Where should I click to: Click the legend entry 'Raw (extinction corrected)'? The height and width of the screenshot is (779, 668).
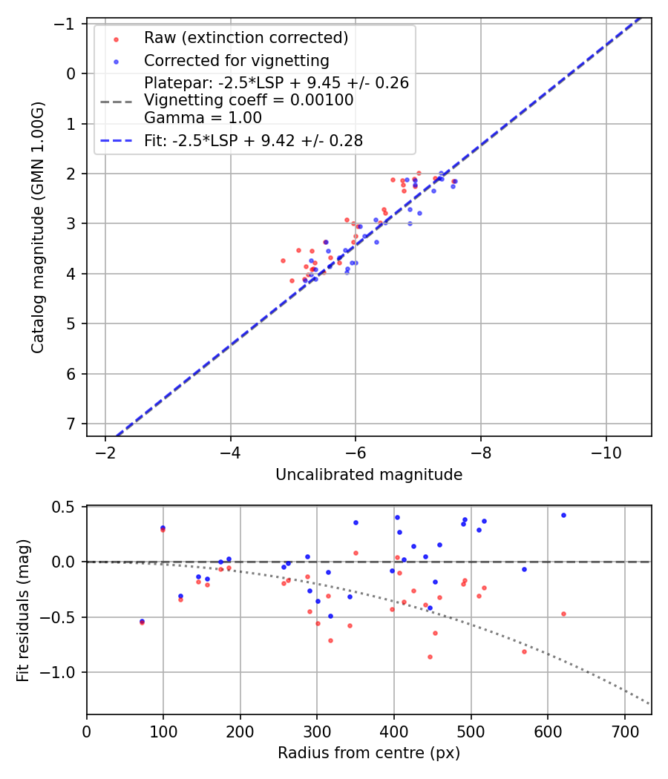tap(246, 38)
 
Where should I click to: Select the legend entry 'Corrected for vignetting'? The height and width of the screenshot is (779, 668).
tap(236, 60)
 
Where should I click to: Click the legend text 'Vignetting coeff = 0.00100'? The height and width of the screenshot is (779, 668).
tap(249, 100)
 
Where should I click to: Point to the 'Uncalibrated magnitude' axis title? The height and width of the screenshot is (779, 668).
tap(369, 475)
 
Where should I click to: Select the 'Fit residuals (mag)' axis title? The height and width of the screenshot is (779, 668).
tap(23, 611)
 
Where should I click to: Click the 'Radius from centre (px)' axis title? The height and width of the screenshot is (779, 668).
tap(369, 753)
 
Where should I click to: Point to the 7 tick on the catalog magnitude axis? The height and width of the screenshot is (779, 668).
tap(72, 424)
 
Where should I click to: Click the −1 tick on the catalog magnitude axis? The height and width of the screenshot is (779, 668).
tap(67, 24)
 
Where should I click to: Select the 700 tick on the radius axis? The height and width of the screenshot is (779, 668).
tap(624, 731)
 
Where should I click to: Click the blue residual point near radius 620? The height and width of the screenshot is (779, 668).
tap(563, 515)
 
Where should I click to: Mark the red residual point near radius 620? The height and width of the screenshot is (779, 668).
tap(563, 614)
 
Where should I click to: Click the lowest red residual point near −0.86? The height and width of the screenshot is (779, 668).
tap(430, 657)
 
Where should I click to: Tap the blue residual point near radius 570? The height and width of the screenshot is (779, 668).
tap(524, 569)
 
